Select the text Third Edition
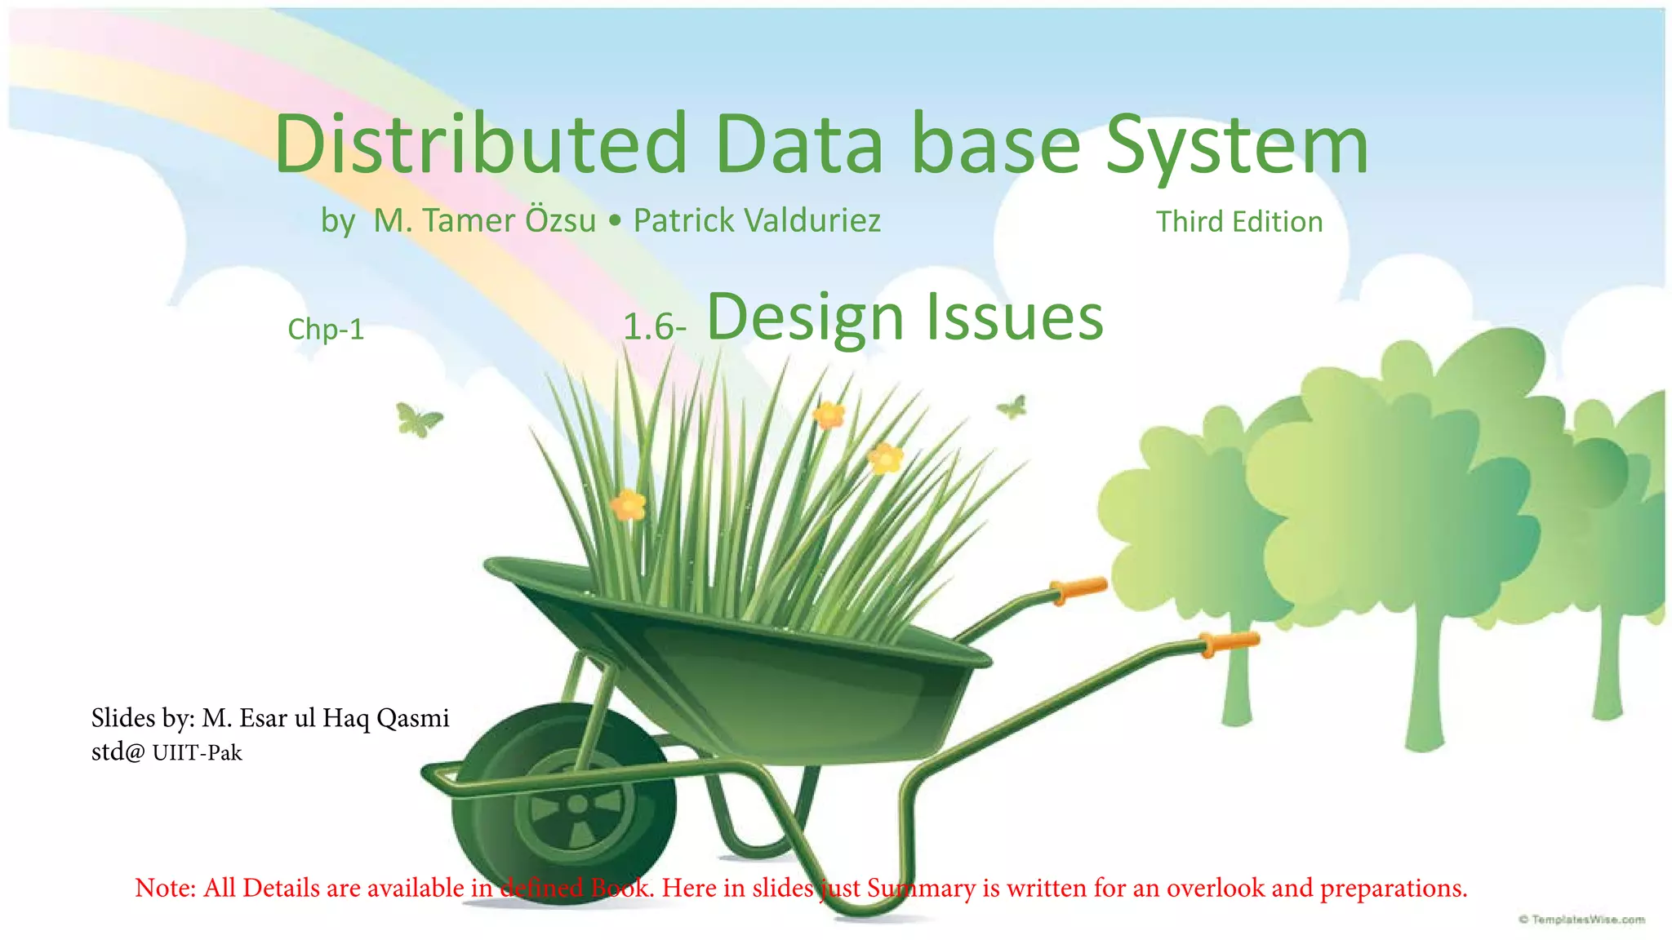click(x=1238, y=222)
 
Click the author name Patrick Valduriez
click(x=757, y=220)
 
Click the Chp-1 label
click(x=326, y=330)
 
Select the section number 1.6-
click(x=654, y=327)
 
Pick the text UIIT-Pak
click(x=197, y=752)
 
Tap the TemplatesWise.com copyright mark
click(x=1581, y=920)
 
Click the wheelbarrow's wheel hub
click(x=577, y=805)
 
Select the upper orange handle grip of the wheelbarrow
click(x=1079, y=589)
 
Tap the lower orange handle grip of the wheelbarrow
click(x=1230, y=643)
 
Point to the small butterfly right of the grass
click(x=1012, y=406)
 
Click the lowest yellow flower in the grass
click(x=628, y=505)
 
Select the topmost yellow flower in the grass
click(x=829, y=415)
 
